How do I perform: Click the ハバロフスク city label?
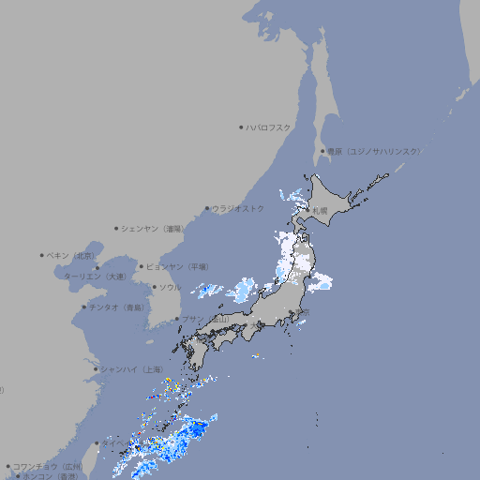pyautogui.click(x=269, y=127)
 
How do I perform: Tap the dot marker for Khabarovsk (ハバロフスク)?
pyautogui.click(x=241, y=127)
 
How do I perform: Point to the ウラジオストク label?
pyautogui.click(x=238, y=208)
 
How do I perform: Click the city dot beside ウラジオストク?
pyautogui.click(x=207, y=208)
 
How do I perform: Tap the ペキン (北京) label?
pyautogui.click(x=71, y=255)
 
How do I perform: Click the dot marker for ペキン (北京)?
pyautogui.click(x=42, y=255)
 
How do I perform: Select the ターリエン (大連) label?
pyautogui.click(x=94, y=277)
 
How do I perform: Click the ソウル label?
pyautogui.click(x=170, y=287)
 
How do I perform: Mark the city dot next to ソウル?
pyautogui.click(x=154, y=287)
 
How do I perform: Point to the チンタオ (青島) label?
pyautogui.click(x=116, y=307)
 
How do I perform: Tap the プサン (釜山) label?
pyautogui.click(x=204, y=319)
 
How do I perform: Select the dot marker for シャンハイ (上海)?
pyautogui.click(x=96, y=369)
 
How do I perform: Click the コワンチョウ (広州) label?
pyautogui.click(x=48, y=466)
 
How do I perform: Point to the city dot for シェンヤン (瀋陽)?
pyautogui.click(x=116, y=228)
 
